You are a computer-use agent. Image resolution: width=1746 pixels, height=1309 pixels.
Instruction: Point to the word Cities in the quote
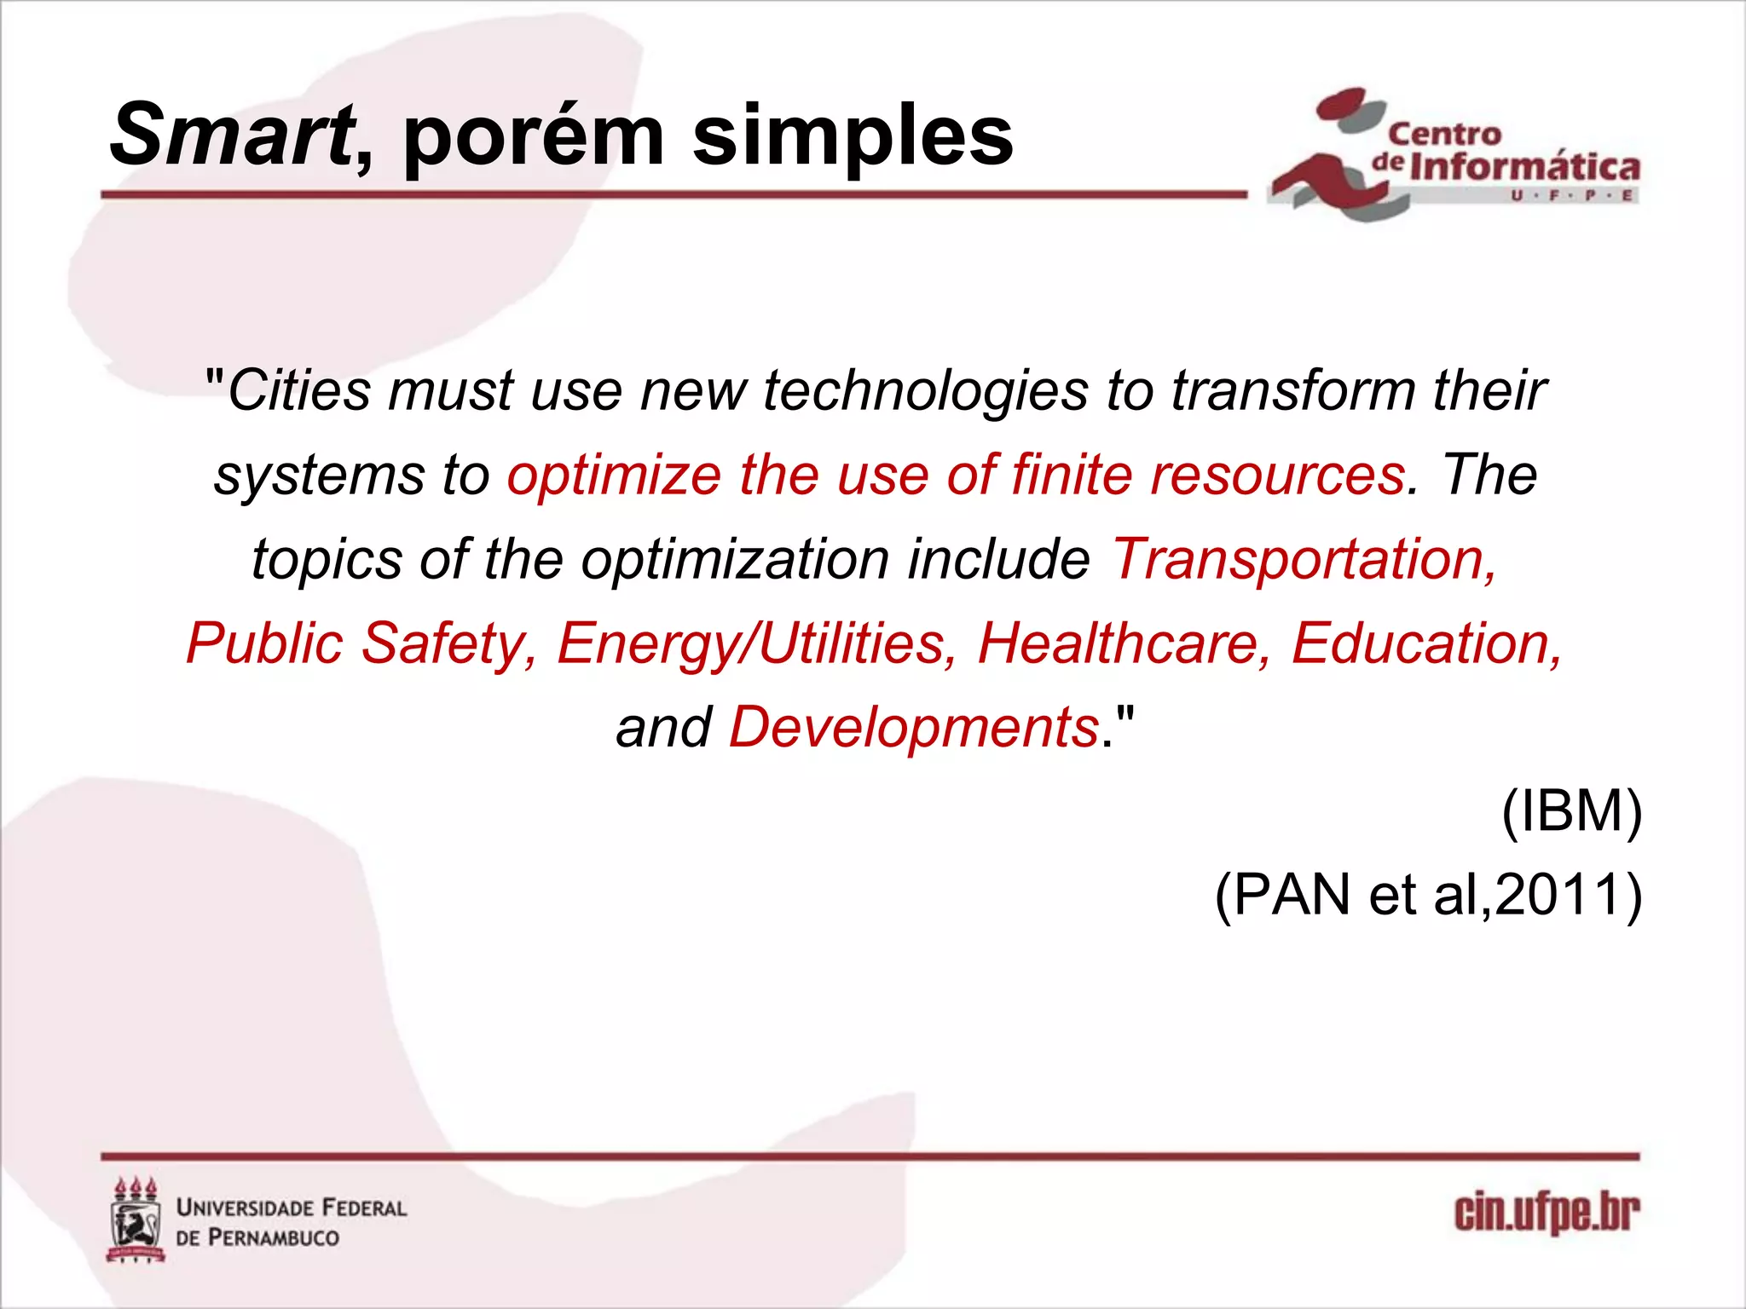pyautogui.click(x=299, y=391)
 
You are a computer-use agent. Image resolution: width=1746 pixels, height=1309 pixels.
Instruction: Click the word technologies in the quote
pyautogui.click(x=926, y=391)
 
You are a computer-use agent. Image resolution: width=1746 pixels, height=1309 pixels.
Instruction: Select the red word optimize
pyautogui.click(x=614, y=475)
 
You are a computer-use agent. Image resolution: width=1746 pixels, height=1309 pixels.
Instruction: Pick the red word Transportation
pyautogui.click(x=1304, y=559)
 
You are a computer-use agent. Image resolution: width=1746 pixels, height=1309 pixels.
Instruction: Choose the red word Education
pyautogui.click(x=1426, y=643)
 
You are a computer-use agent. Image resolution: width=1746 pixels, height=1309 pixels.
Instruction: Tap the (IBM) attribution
pyautogui.click(x=1571, y=811)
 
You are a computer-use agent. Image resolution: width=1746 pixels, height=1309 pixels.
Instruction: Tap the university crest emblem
pyautogui.click(x=136, y=1220)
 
